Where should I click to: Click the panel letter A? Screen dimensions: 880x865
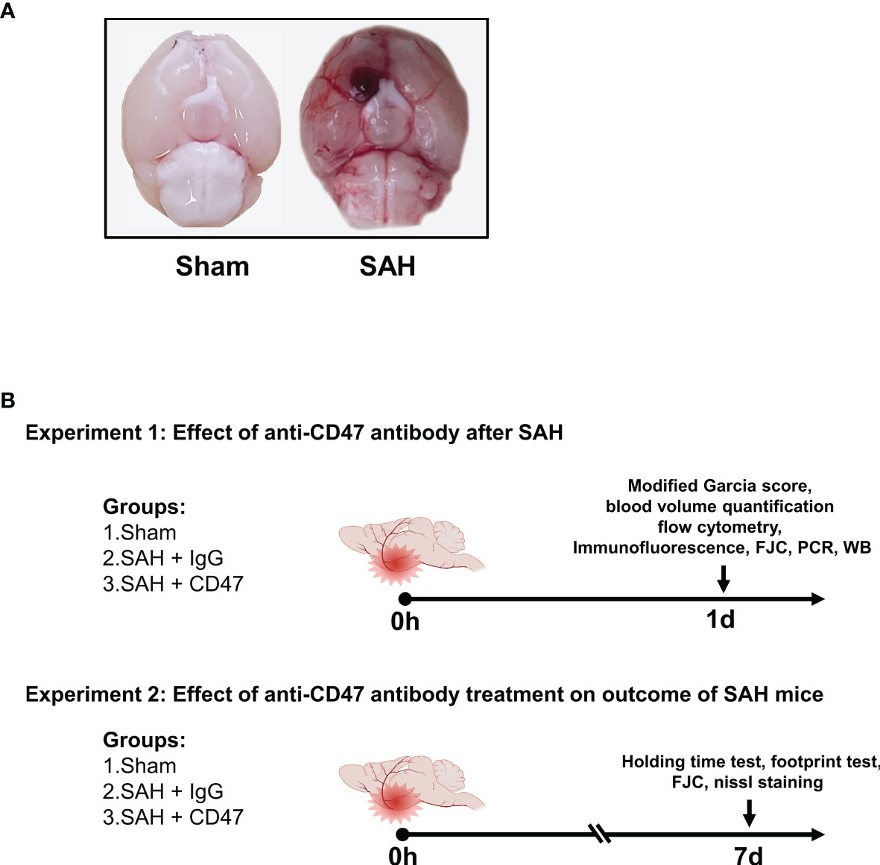tap(7, 10)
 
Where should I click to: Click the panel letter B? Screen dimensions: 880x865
tap(7, 401)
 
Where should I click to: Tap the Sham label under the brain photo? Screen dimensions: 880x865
tap(212, 266)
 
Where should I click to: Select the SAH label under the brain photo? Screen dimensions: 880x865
tap(387, 266)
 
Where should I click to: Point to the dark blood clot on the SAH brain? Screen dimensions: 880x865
tap(364, 83)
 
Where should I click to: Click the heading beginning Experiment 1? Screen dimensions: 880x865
tap(294, 433)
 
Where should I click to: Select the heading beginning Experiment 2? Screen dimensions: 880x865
tap(424, 694)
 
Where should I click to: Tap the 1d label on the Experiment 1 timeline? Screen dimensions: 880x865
tap(720, 620)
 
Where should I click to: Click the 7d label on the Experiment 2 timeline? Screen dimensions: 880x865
tap(749, 855)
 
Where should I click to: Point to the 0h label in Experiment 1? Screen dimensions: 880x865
tap(405, 622)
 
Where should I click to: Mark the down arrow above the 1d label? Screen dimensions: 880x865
tap(724, 580)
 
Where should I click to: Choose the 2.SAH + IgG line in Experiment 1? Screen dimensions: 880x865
tap(162, 558)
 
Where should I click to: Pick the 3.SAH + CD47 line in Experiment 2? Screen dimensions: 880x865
tap(174, 817)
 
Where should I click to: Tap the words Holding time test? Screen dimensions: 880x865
tap(692, 761)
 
